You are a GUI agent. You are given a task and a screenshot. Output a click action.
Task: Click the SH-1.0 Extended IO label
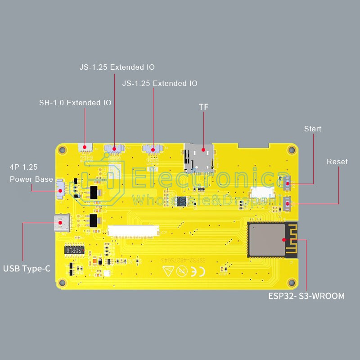[75, 103]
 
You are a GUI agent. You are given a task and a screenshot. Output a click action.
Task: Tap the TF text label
[204, 107]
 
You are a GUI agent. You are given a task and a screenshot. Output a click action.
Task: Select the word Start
[313, 129]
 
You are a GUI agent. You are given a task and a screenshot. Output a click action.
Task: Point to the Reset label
[337, 162]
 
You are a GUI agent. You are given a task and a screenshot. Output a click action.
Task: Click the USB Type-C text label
[27, 269]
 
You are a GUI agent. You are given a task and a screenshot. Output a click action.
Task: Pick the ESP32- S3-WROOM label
[306, 296]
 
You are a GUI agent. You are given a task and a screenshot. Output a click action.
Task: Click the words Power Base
[31, 179]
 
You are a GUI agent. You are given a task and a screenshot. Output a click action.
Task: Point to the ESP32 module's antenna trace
[292, 240]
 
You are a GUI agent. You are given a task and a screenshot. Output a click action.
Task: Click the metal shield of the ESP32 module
[267, 239]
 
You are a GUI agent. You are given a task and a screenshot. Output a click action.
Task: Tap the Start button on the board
[287, 182]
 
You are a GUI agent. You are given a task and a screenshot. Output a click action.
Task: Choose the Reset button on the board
[287, 203]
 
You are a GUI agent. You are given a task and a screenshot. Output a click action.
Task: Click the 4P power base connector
[59, 188]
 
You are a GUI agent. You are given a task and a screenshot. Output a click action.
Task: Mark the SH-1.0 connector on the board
[85, 148]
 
